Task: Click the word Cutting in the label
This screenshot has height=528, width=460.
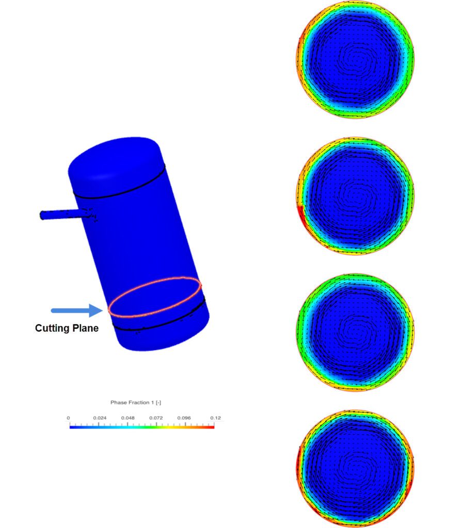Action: pos(52,328)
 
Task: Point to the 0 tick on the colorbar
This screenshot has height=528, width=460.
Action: pos(69,418)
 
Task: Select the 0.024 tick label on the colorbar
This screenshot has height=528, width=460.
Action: pos(99,418)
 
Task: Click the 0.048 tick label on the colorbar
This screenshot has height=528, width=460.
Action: pos(128,418)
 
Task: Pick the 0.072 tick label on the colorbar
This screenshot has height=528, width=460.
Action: pos(156,418)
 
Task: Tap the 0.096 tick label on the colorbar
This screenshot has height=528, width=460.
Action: pos(184,418)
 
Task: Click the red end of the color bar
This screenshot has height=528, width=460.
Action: pos(211,426)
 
